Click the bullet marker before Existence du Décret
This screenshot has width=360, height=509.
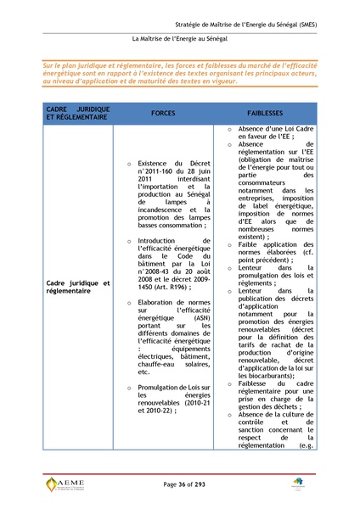[127, 164]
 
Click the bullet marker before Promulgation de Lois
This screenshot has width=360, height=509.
[127, 388]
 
